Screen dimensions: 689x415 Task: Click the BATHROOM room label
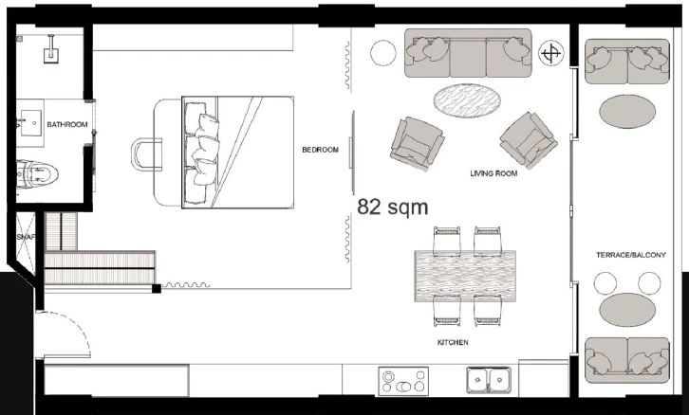tap(67, 124)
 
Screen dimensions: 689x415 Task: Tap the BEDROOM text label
tap(321, 150)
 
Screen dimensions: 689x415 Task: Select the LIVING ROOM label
tap(493, 173)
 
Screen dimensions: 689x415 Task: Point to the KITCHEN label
tap(453, 342)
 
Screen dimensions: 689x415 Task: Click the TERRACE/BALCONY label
tap(631, 255)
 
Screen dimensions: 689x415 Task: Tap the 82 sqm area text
tap(392, 207)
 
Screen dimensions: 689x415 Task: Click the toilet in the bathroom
tap(37, 174)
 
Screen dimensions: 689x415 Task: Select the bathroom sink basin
tap(30, 123)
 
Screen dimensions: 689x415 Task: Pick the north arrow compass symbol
tap(551, 53)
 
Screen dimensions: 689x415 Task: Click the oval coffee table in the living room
tap(467, 100)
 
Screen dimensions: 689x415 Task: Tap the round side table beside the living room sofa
tap(383, 53)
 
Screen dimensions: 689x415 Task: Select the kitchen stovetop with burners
tap(403, 381)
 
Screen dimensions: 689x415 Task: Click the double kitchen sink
tap(489, 380)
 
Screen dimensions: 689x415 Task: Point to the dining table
tap(465, 276)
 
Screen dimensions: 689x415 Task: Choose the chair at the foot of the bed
tap(146, 154)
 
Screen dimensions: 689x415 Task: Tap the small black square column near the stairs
tap(157, 289)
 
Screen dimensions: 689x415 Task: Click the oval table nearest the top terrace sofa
tap(627, 112)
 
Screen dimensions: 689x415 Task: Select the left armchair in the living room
tap(417, 143)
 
